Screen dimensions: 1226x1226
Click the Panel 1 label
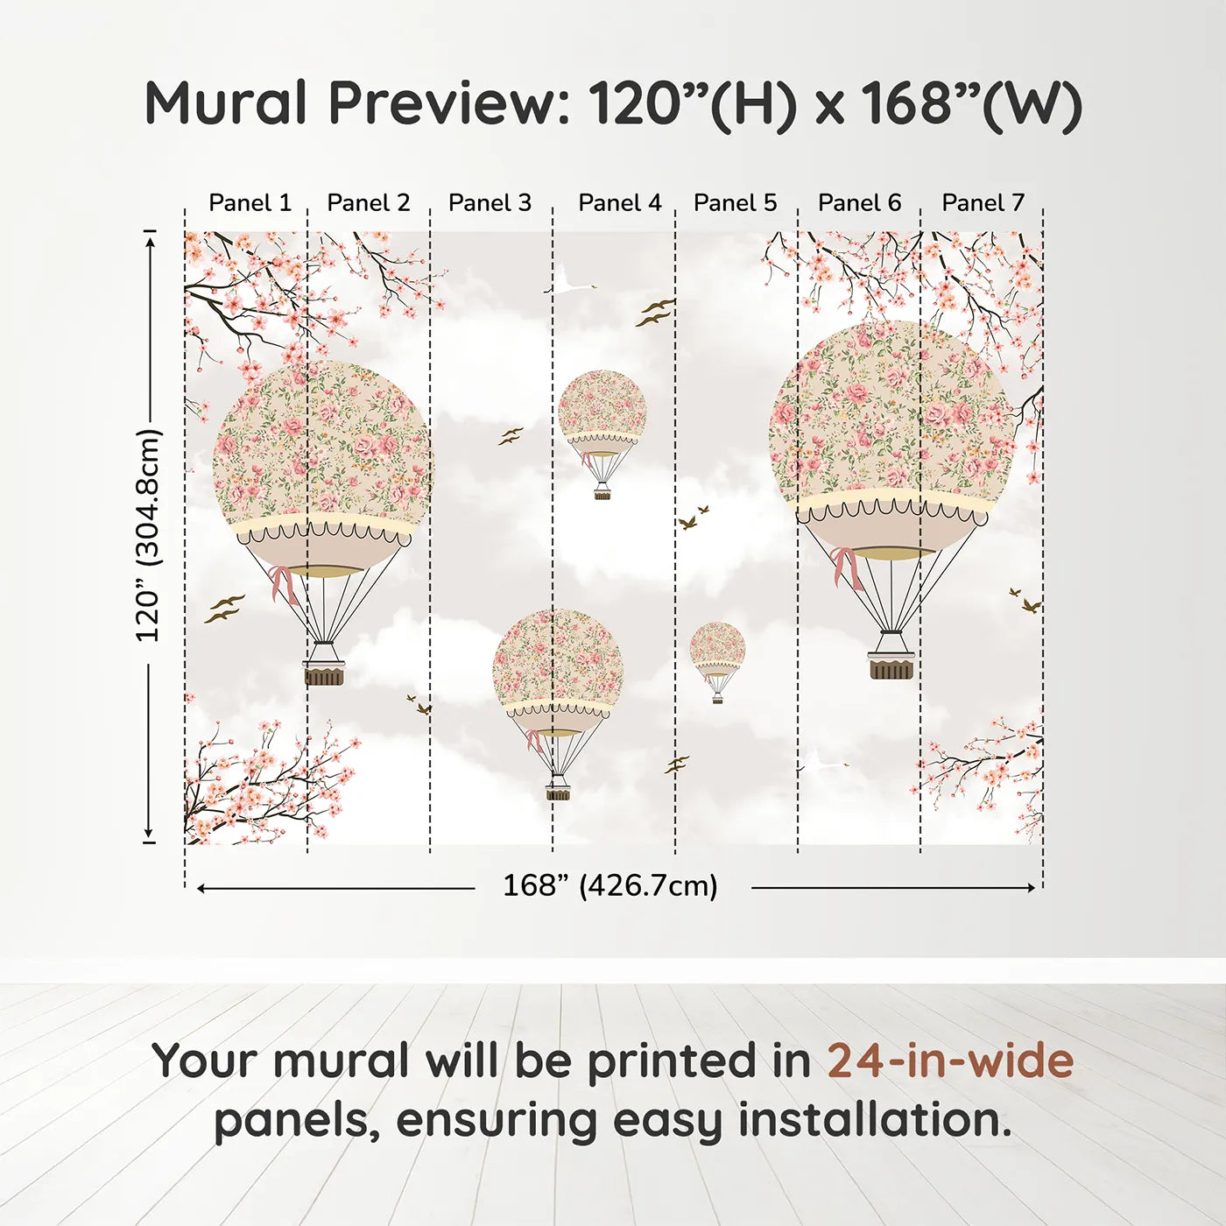click(250, 203)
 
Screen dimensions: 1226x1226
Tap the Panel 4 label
click(619, 203)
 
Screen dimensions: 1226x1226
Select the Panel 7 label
click(983, 203)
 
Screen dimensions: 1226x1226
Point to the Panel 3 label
click(490, 203)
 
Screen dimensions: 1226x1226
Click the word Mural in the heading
click(226, 103)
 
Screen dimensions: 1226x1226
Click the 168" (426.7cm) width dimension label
click(609, 885)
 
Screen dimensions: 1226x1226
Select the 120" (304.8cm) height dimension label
click(149, 535)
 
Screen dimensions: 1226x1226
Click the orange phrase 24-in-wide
click(950, 1060)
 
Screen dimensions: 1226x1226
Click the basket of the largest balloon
click(891, 666)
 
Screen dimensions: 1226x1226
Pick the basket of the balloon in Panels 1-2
click(324, 673)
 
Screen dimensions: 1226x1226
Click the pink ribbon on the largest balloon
click(846, 566)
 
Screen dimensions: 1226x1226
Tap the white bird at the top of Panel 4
click(569, 285)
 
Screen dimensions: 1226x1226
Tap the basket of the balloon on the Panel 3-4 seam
click(558, 792)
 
